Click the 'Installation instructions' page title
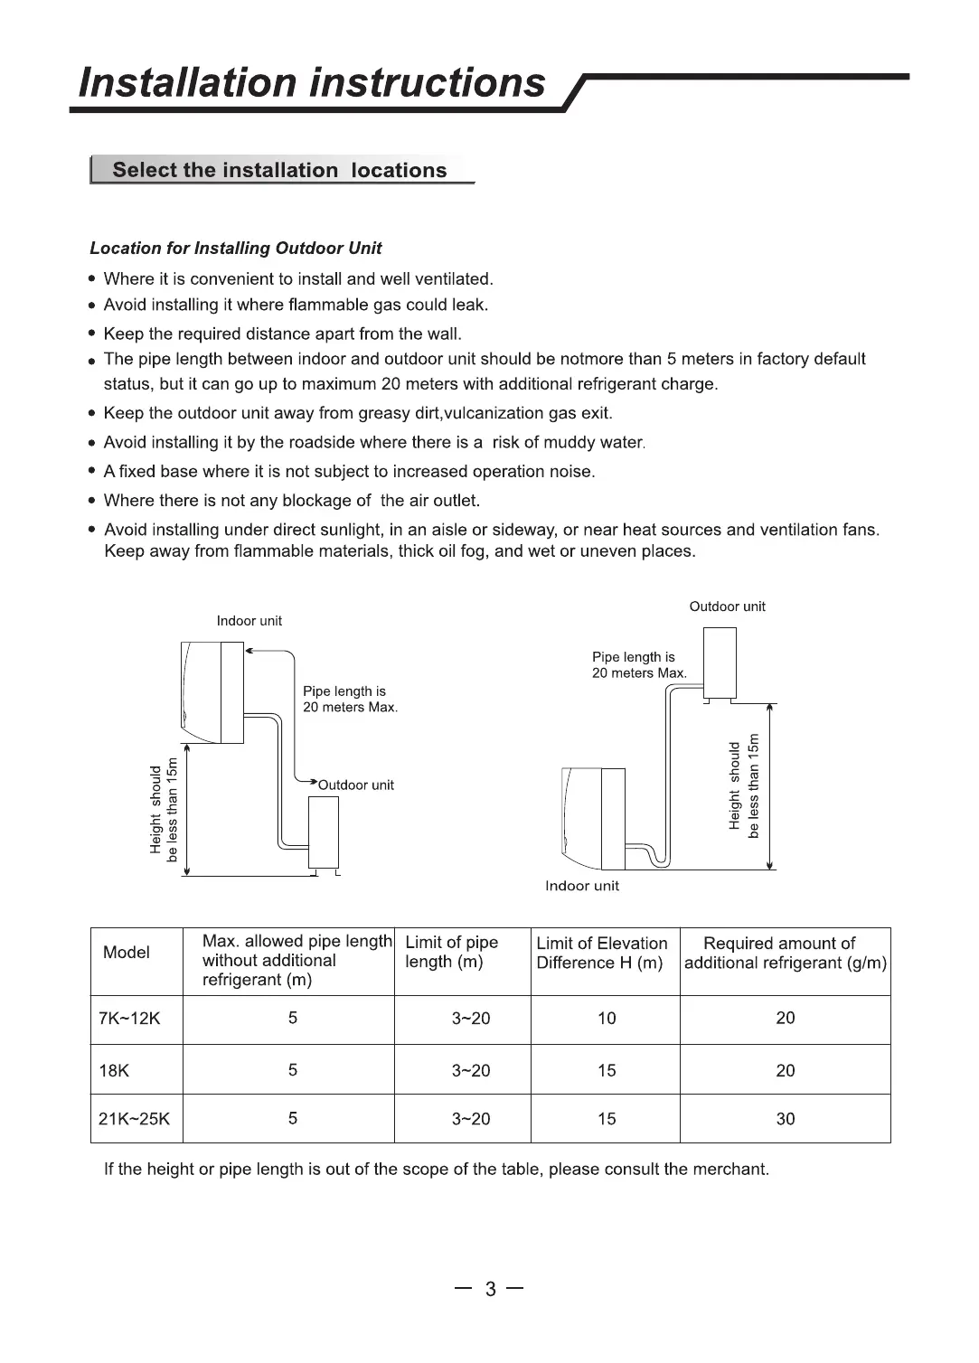(x=312, y=83)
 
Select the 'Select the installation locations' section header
(x=279, y=171)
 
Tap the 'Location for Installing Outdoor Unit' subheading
(x=236, y=249)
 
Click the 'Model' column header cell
(x=127, y=953)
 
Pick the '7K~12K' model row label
(x=129, y=1019)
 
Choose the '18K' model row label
(x=114, y=1071)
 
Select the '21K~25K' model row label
(x=134, y=1119)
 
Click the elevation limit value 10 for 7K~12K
(x=607, y=1019)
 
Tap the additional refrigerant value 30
(x=786, y=1119)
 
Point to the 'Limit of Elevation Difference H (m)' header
(x=601, y=953)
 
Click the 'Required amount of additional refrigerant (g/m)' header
(x=786, y=953)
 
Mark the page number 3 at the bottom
(x=491, y=1289)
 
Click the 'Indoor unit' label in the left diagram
(x=249, y=621)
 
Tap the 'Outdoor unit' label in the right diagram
(x=727, y=606)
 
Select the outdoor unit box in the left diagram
(x=324, y=834)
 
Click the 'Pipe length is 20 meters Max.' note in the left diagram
(x=350, y=700)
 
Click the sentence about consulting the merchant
(x=437, y=1170)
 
